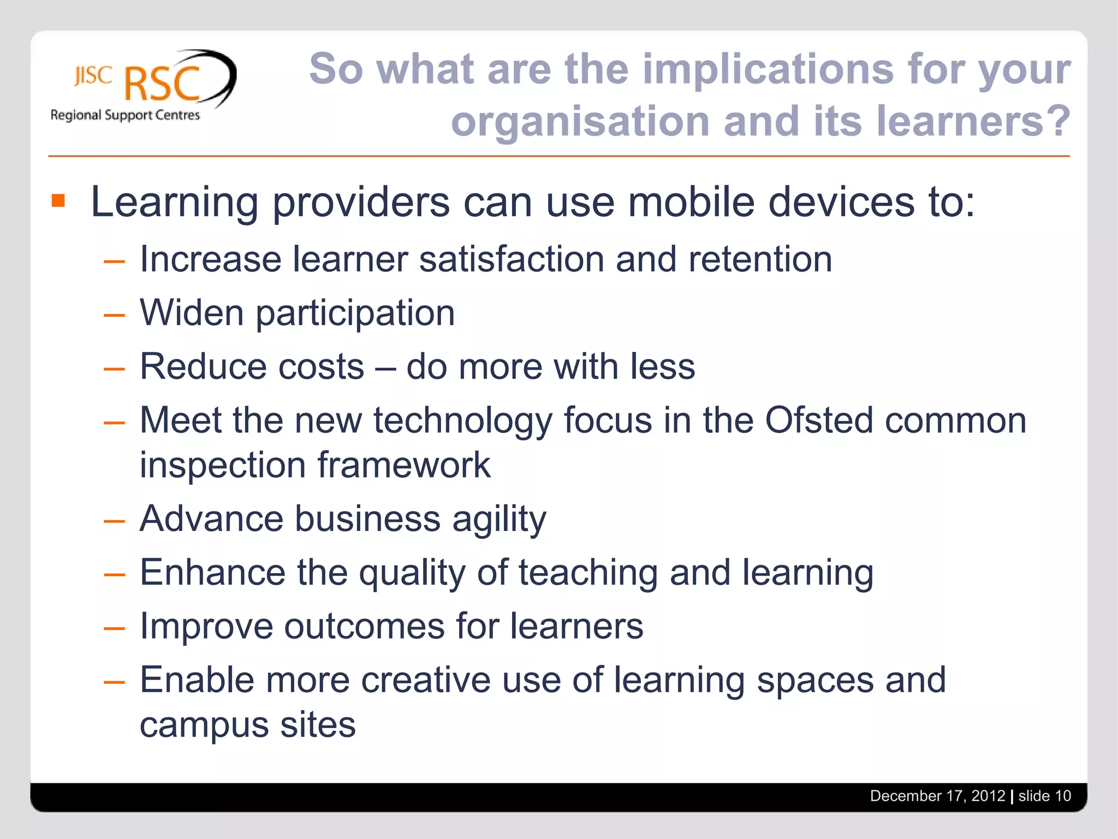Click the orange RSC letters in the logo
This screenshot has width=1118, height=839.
point(162,85)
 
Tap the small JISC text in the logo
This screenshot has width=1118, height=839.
point(93,76)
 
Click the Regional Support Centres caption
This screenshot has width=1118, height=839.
point(125,115)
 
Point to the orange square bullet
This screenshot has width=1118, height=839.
point(58,201)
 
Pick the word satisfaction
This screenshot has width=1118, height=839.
point(512,259)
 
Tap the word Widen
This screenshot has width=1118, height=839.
point(192,312)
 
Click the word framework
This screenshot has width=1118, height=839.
point(404,465)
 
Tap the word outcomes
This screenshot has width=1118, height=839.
point(364,626)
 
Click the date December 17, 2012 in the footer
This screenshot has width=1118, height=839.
point(937,796)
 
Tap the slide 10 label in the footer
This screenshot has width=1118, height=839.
point(1044,796)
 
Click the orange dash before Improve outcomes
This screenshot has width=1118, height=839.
point(114,629)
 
